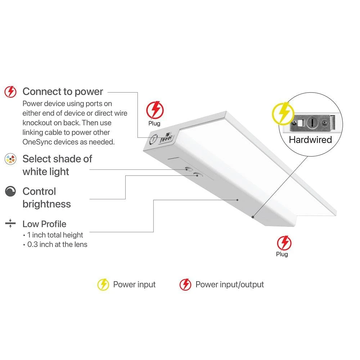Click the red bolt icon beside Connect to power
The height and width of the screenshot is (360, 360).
10,92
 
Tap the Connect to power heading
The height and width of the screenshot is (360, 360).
63,91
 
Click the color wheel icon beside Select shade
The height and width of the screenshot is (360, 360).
10,159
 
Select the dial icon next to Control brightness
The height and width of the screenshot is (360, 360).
10,191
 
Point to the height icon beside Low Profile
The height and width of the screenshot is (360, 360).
10,223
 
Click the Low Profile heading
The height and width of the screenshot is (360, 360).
44,224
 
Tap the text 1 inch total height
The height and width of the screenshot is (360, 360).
55,235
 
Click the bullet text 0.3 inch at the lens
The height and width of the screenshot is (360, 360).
57,244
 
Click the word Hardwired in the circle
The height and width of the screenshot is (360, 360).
310,140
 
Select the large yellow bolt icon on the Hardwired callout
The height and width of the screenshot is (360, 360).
283,113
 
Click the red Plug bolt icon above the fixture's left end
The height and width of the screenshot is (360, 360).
155,110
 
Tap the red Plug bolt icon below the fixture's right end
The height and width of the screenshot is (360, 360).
284,243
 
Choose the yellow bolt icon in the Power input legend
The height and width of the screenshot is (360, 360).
103,284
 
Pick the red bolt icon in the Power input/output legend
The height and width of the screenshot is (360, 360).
185,284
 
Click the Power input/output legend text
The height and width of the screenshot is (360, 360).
230,284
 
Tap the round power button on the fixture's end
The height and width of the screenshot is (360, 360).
153,139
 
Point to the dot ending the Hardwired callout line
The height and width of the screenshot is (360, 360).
253,217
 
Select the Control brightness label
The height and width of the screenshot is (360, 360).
46,198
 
